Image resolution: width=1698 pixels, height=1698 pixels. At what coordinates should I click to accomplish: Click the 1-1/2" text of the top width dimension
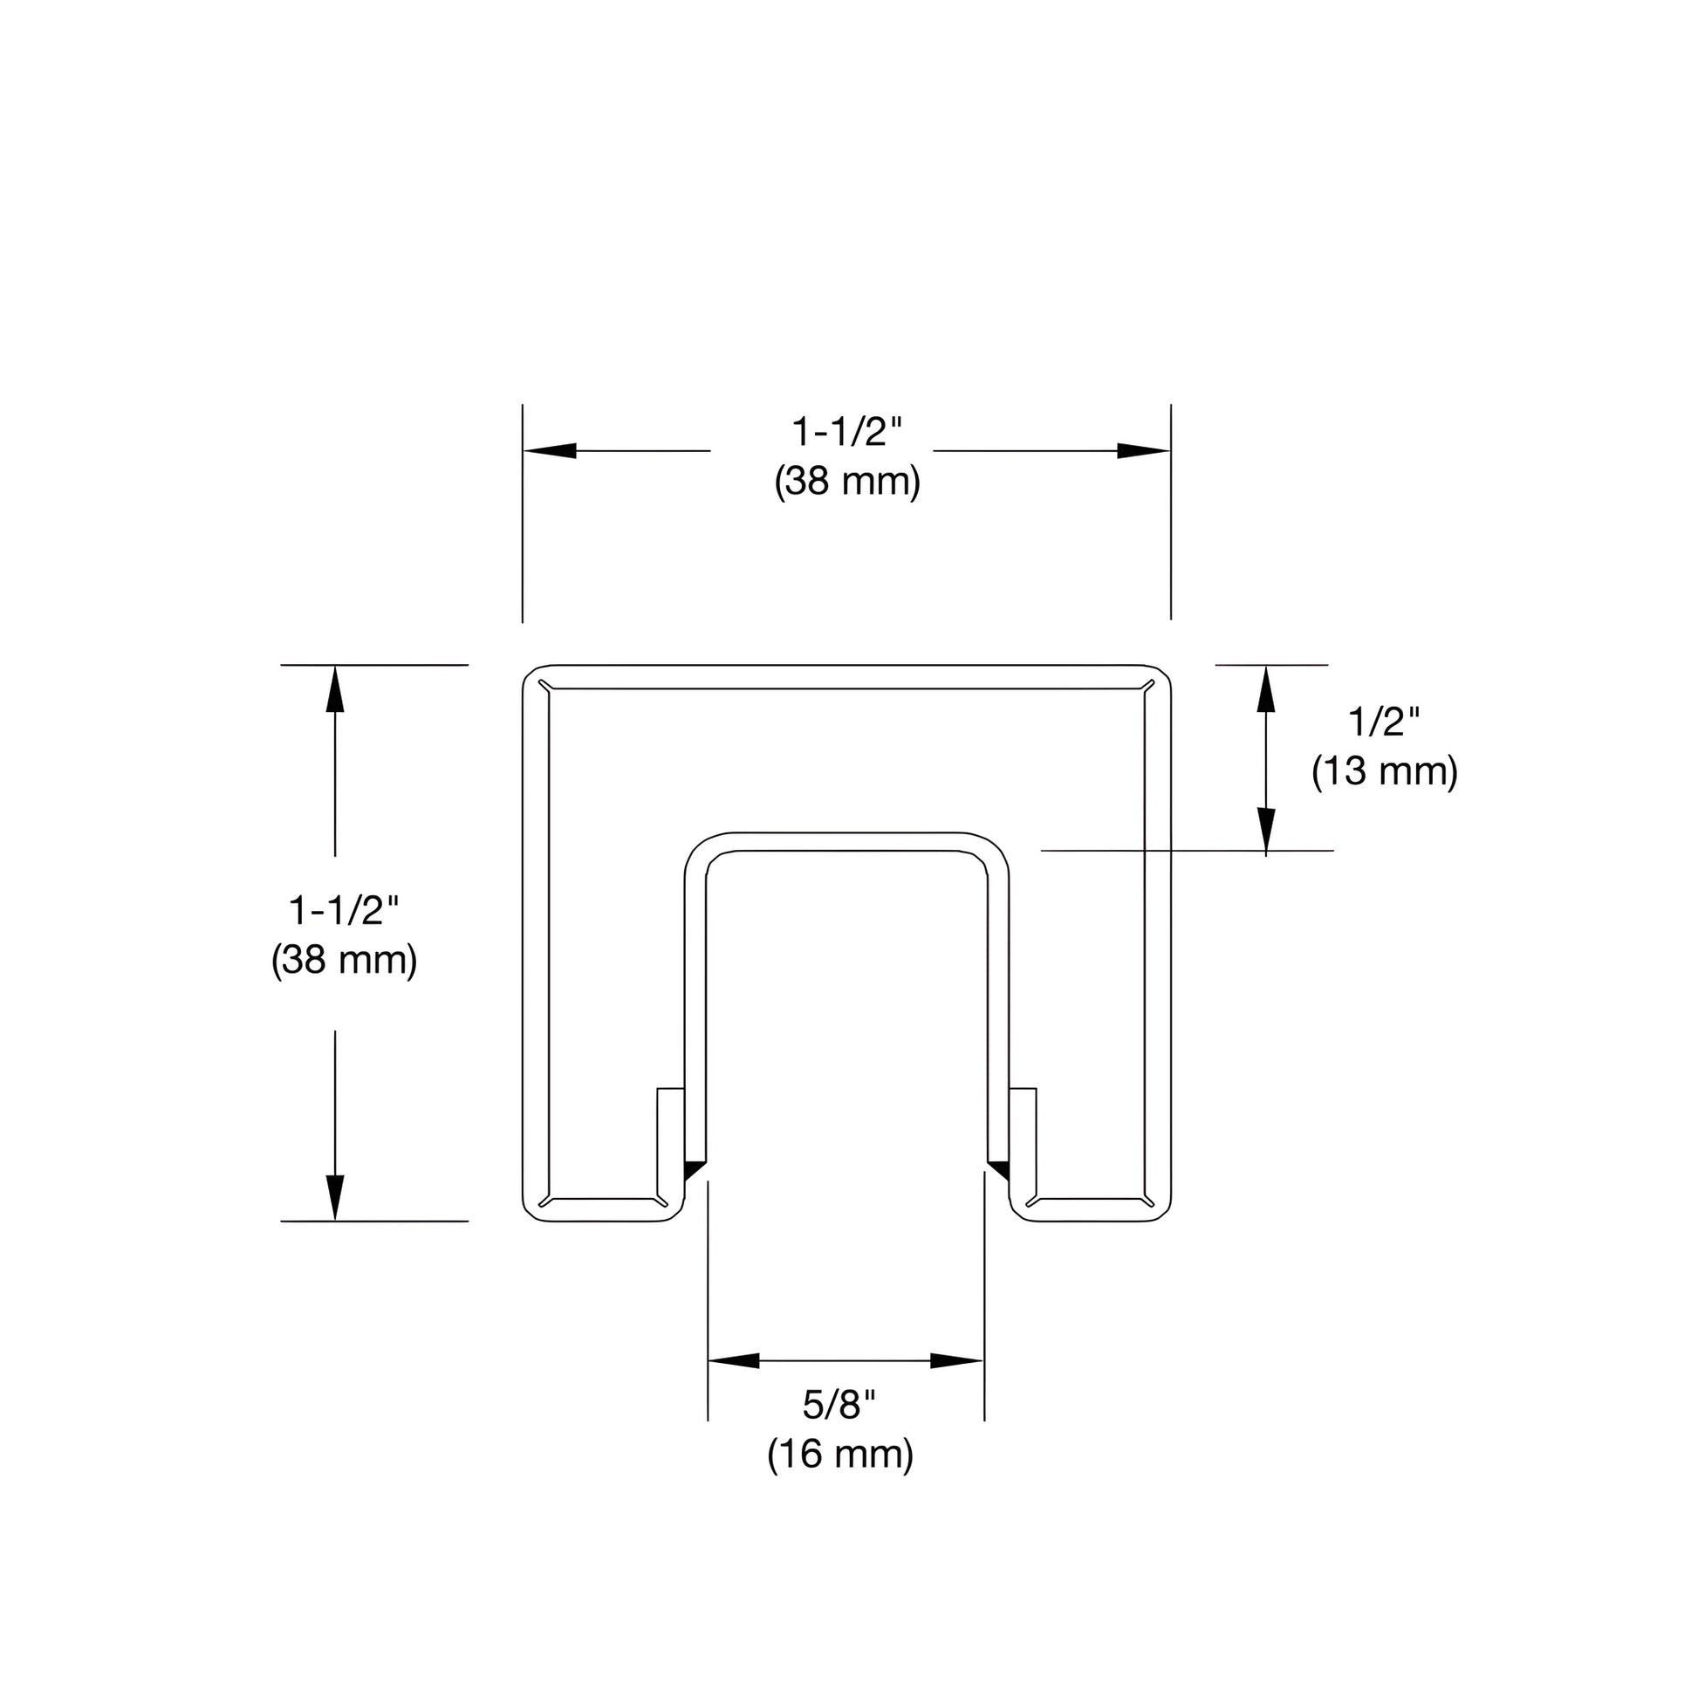pyautogui.click(x=847, y=433)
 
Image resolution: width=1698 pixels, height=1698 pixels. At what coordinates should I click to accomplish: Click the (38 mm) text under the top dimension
pyautogui.click(x=847, y=482)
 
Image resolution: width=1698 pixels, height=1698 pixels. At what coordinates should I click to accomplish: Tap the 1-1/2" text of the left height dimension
pyautogui.click(x=344, y=911)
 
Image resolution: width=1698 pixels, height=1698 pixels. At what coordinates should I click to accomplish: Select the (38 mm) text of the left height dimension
pyautogui.click(x=344, y=960)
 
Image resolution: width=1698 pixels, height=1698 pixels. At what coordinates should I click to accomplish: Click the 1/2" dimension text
pyautogui.click(x=1384, y=722)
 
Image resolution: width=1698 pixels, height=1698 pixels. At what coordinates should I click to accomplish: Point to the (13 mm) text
pyautogui.click(x=1384, y=770)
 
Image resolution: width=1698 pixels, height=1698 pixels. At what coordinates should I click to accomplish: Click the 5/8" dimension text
pyautogui.click(x=839, y=1405)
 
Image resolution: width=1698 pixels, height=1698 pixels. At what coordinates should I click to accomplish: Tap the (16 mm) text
pyautogui.click(x=840, y=1454)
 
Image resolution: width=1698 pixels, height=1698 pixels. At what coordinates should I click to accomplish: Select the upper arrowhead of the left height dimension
pyautogui.click(x=335, y=690)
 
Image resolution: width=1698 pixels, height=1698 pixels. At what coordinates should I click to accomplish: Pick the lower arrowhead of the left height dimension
pyautogui.click(x=335, y=1197)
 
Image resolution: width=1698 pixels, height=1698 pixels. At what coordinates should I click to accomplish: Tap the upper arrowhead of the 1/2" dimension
pyautogui.click(x=1265, y=690)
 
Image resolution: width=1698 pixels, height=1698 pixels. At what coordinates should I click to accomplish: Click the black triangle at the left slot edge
pyautogui.click(x=695, y=1170)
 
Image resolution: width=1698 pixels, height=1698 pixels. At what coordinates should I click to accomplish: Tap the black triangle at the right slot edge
pyautogui.click(x=998, y=1170)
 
